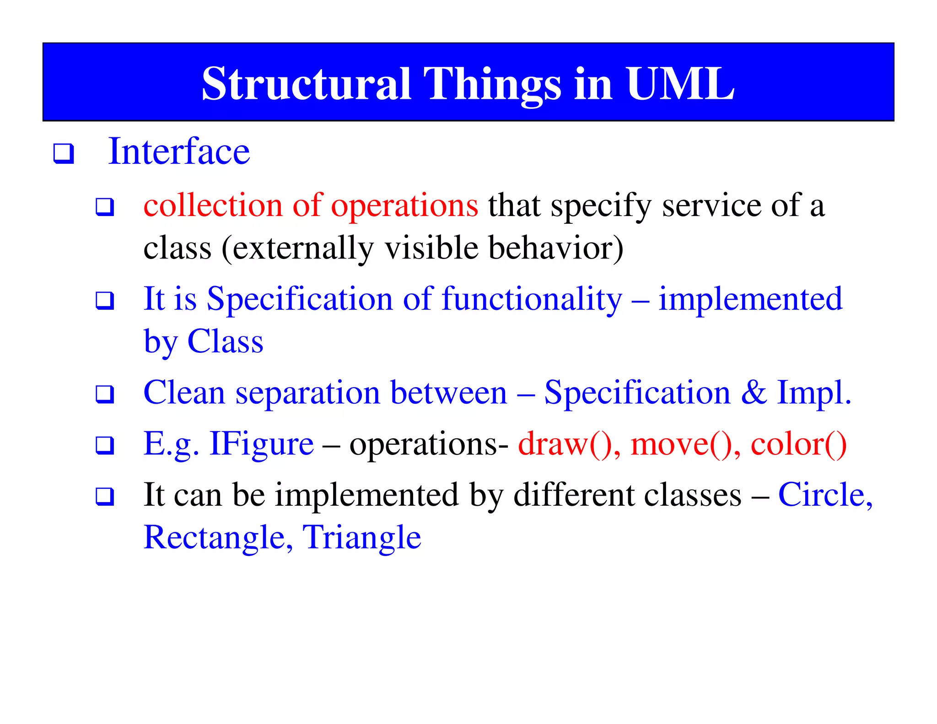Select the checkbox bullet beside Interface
tap(64, 153)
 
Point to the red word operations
tap(404, 206)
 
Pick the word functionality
tap(532, 299)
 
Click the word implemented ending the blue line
tap(750, 298)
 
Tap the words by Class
tap(204, 342)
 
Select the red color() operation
tap(798, 444)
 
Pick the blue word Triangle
tap(361, 538)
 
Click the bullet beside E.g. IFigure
tap(105, 445)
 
